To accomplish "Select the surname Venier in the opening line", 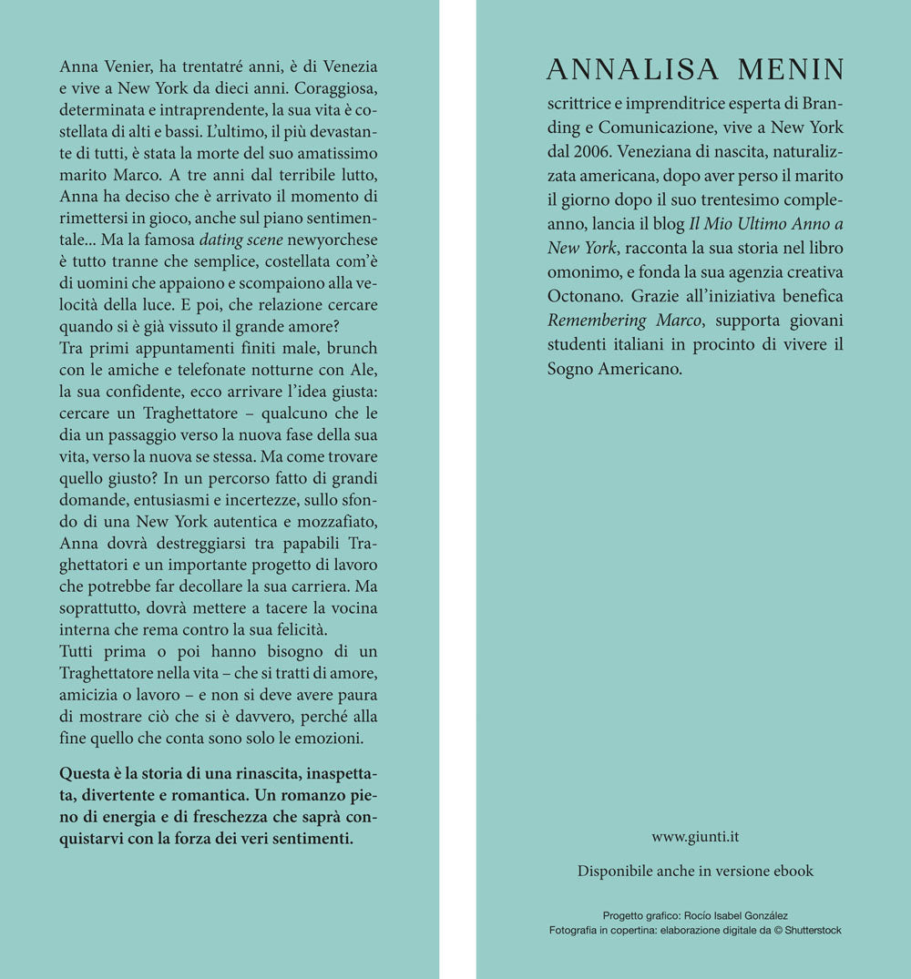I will [x=129, y=68].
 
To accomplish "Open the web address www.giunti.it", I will [x=694, y=837].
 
